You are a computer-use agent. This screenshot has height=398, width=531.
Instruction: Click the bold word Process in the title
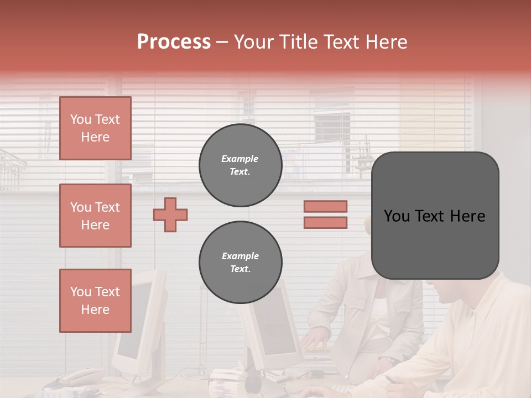coord(174,42)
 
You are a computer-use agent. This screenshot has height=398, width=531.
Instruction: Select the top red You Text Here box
coord(95,128)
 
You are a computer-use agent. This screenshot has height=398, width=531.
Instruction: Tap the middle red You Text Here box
coord(95,216)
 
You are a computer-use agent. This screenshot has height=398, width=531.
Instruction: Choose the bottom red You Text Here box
coord(95,301)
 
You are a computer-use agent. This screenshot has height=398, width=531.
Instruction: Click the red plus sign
coord(170,214)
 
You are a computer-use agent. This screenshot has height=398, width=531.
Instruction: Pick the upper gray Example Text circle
coord(240,165)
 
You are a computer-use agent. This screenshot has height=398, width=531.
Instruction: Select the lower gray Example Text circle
coord(240,263)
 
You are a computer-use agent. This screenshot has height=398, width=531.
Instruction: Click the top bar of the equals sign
coord(325,207)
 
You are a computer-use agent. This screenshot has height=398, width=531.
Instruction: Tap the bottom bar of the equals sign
coord(325,223)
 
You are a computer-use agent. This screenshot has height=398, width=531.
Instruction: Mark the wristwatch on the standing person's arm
coord(391,360)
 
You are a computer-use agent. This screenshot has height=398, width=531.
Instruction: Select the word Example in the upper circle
coord(240,159)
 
